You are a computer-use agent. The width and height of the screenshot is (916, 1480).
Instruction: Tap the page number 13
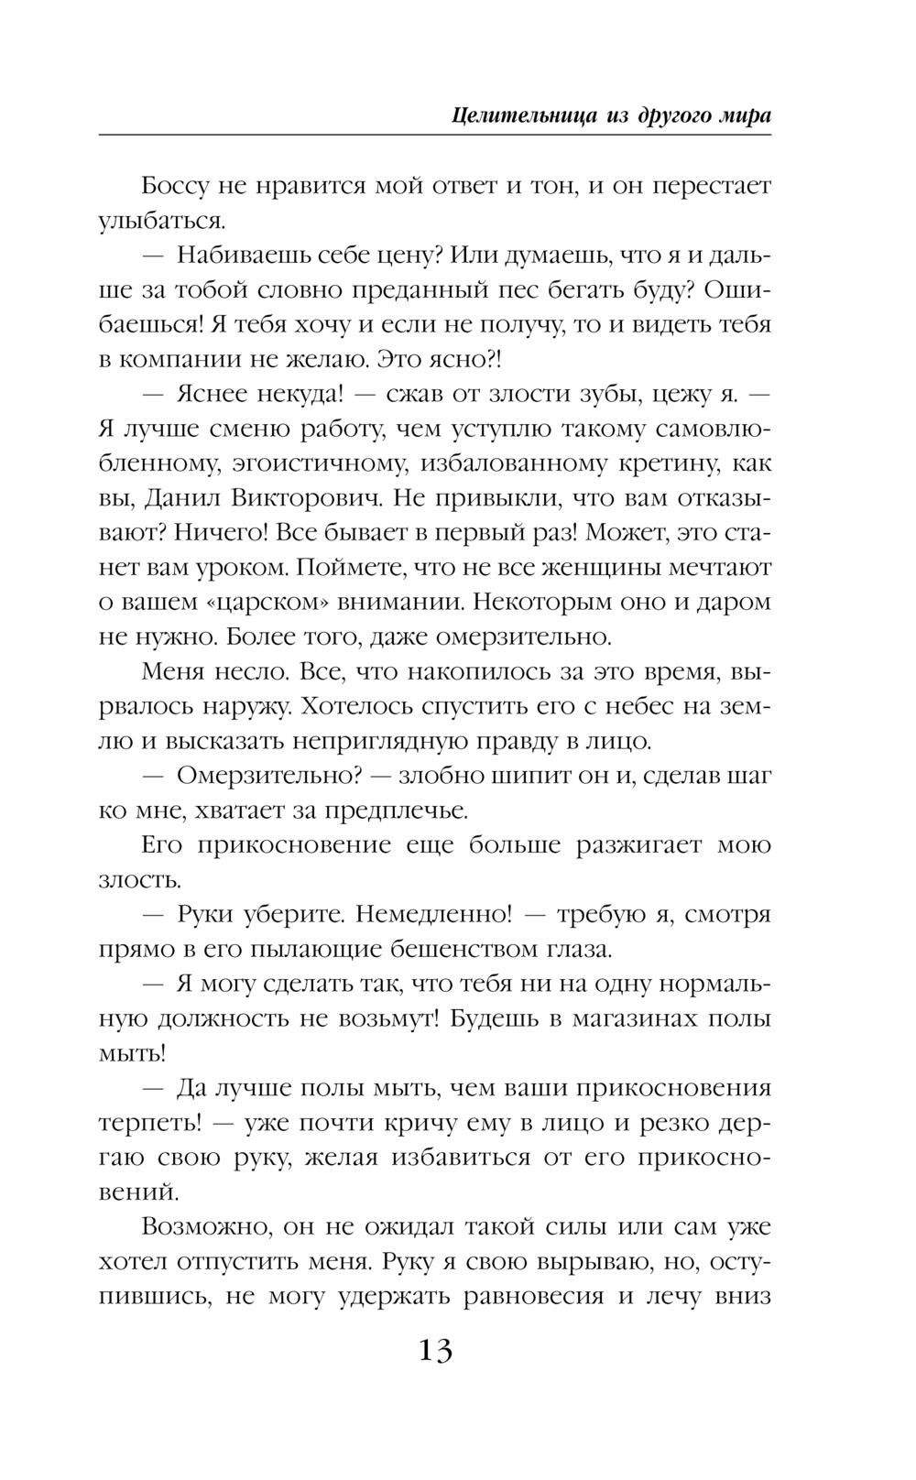click(x=435, y=1350)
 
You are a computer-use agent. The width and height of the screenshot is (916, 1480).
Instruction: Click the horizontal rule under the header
click(x=435, y=136)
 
